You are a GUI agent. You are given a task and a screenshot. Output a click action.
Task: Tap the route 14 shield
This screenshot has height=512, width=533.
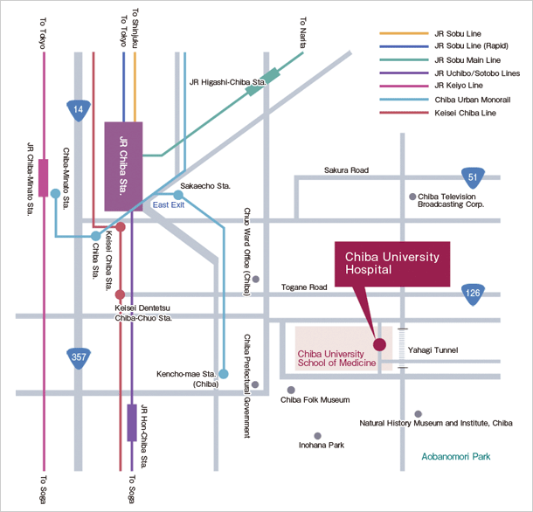(x=80, y=110)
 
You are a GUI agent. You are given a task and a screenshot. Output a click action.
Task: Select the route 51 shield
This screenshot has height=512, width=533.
(x=473, y=179)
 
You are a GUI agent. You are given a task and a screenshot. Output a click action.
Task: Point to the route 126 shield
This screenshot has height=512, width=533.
(x=473, y=293)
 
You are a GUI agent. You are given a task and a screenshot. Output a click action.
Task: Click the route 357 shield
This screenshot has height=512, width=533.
(x=80, y=356)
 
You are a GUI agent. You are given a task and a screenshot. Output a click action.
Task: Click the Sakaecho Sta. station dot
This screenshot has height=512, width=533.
(x=178, y=195)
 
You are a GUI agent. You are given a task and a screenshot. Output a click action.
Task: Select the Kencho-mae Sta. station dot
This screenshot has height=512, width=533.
(x=224, y=374)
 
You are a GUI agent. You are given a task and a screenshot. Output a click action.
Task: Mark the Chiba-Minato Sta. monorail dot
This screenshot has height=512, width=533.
(x=55, y=193)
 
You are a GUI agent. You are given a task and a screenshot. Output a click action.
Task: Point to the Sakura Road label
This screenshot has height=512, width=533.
(x=347, y=170)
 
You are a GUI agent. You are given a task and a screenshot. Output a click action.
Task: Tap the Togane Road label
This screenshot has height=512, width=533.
(x=304, y=287)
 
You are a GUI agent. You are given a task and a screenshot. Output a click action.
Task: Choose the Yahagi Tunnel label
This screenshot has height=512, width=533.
(x=433, y=349)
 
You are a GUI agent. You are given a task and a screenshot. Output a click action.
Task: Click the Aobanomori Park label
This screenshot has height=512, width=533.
(x=453, y=457)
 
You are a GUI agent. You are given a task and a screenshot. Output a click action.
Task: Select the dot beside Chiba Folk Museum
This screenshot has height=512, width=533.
(x=291, y=390)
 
